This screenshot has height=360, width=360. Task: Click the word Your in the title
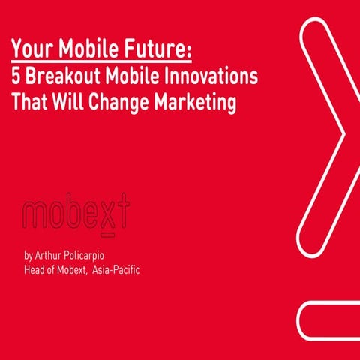pyautogui.click(x=32, y=50)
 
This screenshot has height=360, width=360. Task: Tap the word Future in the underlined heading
pyautogui.click(x=161, y=50)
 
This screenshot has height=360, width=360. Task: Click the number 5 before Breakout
pyautogui.click(x=16, y=76)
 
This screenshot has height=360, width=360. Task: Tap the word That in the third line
pyautogui.click(x=31, y=101)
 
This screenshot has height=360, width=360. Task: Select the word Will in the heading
pyautogui.click(x=70, y=101)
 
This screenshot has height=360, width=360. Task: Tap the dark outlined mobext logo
pyautogui.click(x=76, y=215)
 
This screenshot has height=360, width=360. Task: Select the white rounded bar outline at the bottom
pyautogui.click(x=330, y=322)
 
